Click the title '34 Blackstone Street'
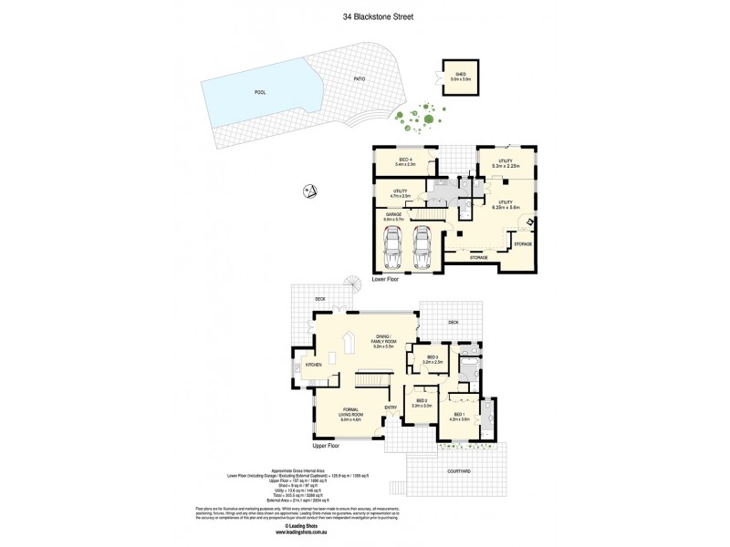[x=364, y=15]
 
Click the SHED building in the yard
[x=459, y=77]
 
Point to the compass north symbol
[x=309, y=191]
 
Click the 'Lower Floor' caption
[x=386, y=280]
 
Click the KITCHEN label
[x=314, y=365]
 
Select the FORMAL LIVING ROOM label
[x=351, y=413]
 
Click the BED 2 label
[x=422, y=402]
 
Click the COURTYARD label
[x=459, y=471]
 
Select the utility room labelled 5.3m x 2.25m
[x=505, y=164]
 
